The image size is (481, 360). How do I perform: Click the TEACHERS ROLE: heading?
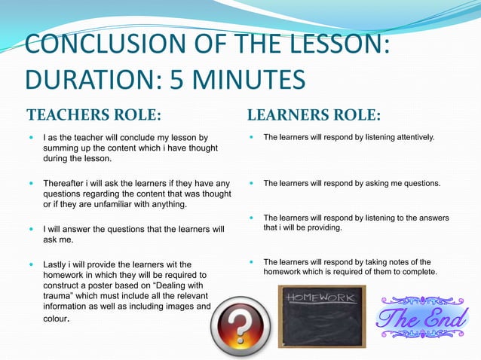[x=94, y=116]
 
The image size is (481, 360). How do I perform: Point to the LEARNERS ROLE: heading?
[x=314, y=116]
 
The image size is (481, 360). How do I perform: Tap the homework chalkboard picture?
[x=321, y=315]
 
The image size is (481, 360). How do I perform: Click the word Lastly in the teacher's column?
[x=56, y=264]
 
